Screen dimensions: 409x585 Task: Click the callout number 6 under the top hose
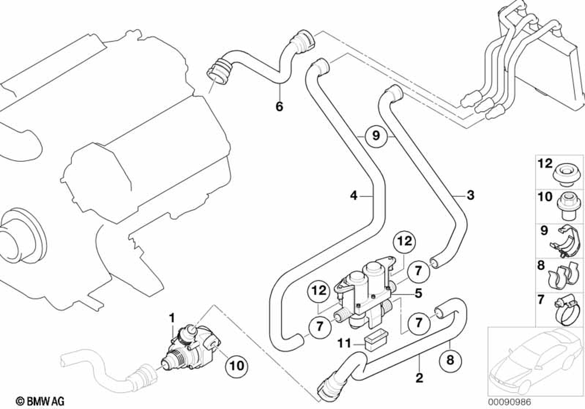tap(279, 107)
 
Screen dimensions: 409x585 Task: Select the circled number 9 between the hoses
tap(376, 136)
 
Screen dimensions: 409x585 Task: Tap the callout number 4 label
tap(353, 196)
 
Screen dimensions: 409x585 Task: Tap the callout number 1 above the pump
tap(173, 317)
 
